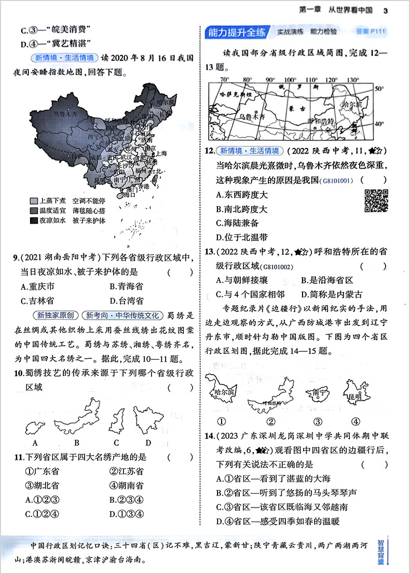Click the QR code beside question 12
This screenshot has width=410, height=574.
click(x=376, y=201)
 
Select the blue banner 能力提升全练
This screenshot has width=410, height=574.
click(x=236, y=32)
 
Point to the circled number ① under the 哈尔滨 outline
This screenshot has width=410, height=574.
click(x=221, y=421)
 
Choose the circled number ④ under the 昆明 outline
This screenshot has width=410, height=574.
click(x=355, y=421)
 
